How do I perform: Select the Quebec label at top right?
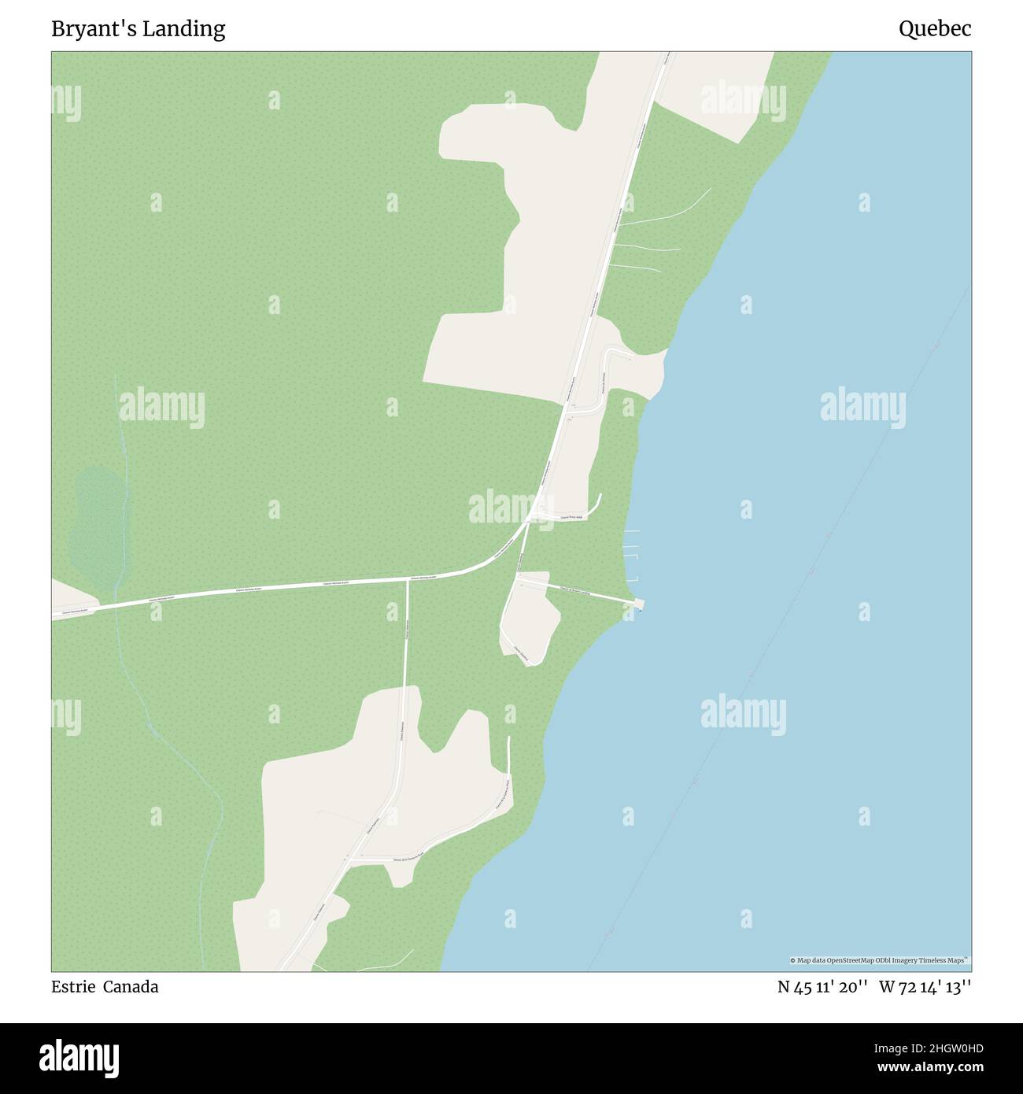click(935, 29)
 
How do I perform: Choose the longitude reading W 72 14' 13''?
click(925, 987)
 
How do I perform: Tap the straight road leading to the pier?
click(578, 591)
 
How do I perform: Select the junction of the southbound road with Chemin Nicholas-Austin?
click(408, 581)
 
